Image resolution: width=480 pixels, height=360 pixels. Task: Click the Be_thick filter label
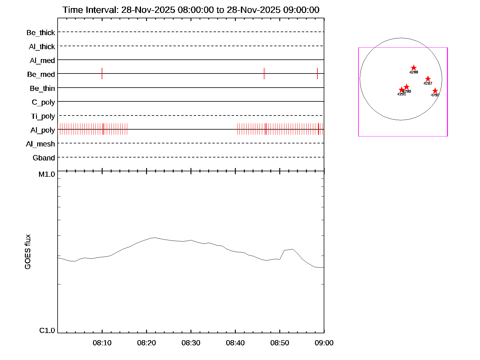click(41, 33)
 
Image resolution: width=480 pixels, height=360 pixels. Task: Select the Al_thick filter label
click(42, 47)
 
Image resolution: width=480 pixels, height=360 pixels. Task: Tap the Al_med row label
click(42, 61)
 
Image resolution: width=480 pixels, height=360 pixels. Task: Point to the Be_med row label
click(41, 74)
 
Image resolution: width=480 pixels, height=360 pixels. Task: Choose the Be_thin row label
click(42, 88)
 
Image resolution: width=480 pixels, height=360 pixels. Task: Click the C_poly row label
click(43, 102)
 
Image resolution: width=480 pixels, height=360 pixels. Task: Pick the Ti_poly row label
click(43, 116)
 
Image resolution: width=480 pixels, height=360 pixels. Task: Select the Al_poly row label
click(43, 130)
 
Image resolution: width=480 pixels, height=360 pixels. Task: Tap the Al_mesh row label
click(40, 144)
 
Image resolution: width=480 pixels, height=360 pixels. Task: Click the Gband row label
click(44, 158)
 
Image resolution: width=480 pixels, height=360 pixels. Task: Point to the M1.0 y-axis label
click(47, 174)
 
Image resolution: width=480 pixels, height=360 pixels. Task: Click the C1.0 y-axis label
click(47, 331)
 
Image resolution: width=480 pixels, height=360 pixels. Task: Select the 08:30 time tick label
click(191, 343)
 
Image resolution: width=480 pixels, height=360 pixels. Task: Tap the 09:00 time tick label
click(324, 343)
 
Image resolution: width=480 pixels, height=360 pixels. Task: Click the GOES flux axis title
click(28, 252)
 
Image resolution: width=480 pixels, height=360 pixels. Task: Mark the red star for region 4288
click(414, 68)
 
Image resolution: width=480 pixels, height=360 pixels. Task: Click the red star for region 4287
click(428, 79)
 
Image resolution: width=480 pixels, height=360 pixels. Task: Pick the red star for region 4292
click(435, 91)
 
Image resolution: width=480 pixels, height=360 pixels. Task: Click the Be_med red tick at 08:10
click(102, 73)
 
